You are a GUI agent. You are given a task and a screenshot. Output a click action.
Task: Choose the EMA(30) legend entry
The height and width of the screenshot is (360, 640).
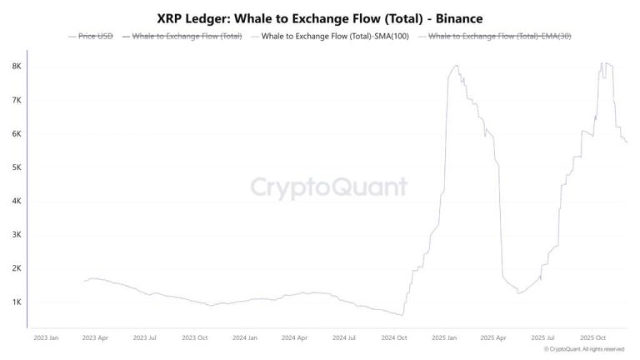499,37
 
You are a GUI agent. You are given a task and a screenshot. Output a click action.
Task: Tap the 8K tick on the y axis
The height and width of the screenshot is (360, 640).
16,66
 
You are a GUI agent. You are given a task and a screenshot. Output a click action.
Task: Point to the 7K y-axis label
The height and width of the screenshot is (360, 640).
16,100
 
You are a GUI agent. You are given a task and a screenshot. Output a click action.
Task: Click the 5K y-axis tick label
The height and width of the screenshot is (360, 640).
16,167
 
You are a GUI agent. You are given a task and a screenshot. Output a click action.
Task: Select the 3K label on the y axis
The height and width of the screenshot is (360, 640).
16,235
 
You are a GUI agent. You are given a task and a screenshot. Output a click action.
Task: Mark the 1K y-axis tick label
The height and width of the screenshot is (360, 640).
16,302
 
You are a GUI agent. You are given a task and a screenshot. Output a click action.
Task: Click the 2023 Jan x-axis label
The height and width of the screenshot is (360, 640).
47,337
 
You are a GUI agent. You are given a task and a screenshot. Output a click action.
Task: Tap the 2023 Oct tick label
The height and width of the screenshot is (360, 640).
194,337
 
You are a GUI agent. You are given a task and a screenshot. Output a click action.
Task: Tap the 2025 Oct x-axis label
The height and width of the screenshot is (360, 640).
593,337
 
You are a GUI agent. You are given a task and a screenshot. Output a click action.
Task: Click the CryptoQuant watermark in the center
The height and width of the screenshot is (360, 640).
330,186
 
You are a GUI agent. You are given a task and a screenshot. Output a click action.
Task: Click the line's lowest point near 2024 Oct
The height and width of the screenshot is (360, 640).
402,315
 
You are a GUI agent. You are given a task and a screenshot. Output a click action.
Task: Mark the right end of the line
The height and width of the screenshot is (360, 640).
627,142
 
